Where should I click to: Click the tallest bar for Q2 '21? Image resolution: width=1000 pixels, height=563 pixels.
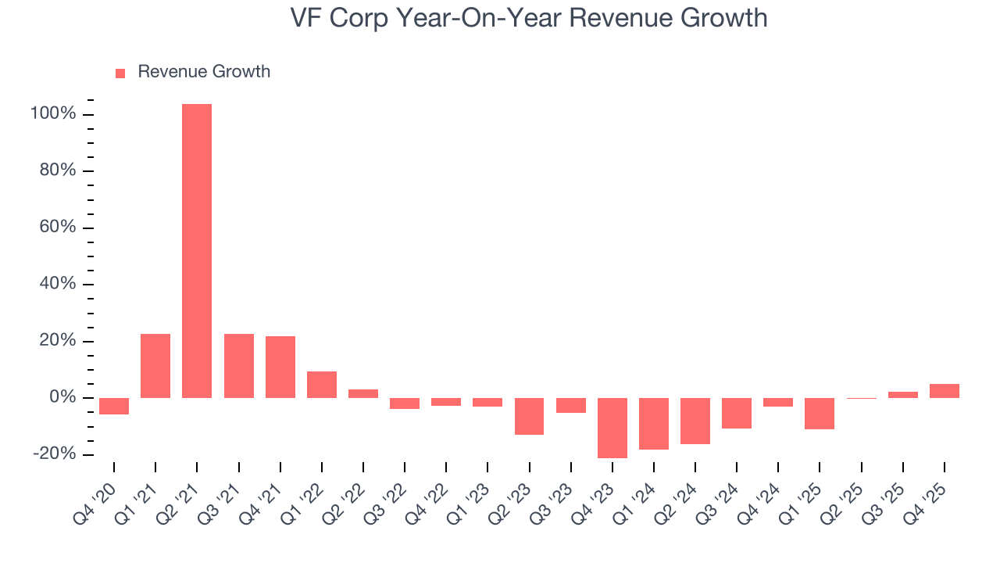(197, 250)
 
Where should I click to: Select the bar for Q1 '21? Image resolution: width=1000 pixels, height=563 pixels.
(155, 366)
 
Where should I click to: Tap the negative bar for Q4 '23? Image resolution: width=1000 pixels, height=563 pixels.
(612, 428)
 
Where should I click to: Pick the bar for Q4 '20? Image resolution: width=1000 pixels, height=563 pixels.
(114, 406)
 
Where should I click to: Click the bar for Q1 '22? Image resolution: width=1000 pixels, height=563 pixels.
(322, 385)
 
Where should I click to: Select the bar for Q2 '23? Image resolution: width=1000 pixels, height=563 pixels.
(529, 416)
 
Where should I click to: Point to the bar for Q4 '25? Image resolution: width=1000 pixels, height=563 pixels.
(945, 391)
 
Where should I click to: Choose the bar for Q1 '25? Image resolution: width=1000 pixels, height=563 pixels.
(820, 414)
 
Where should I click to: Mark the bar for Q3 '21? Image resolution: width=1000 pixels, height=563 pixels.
(238, 366)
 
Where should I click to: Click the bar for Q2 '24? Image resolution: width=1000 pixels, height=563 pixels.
(695, 421)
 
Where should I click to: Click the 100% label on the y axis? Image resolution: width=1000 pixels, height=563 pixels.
(53, 114)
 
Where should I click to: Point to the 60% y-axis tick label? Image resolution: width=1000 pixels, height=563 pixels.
(56, 228)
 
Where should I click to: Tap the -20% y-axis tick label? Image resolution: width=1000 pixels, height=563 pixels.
(54, 454)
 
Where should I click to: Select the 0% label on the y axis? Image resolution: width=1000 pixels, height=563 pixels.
(62, 398)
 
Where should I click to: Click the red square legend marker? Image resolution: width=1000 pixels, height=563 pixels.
(120, 73)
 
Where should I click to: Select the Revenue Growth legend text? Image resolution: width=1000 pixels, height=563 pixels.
(204, 72)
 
